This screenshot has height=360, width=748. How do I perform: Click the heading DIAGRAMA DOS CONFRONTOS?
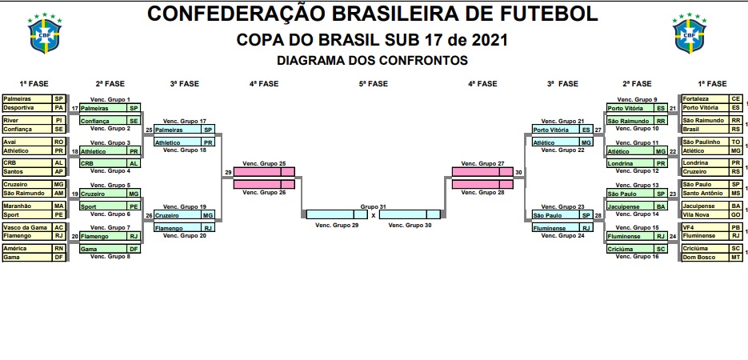coord(372,60)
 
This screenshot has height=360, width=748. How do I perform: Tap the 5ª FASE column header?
coord(374,83)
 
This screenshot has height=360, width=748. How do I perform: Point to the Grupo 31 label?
coord(373,206)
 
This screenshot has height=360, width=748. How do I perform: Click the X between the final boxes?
coord(373,215)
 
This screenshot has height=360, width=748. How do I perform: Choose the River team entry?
coord(11,120)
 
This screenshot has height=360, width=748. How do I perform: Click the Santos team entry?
coord(14,171)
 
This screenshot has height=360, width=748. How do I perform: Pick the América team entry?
coord(15,249)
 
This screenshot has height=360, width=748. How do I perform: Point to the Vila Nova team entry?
coord(697,214)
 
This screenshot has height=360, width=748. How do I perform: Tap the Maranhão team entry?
coord(18,206)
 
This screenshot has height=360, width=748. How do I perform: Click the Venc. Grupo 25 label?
coord(264,163)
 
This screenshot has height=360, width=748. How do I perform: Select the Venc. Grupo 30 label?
coord(410,226)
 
